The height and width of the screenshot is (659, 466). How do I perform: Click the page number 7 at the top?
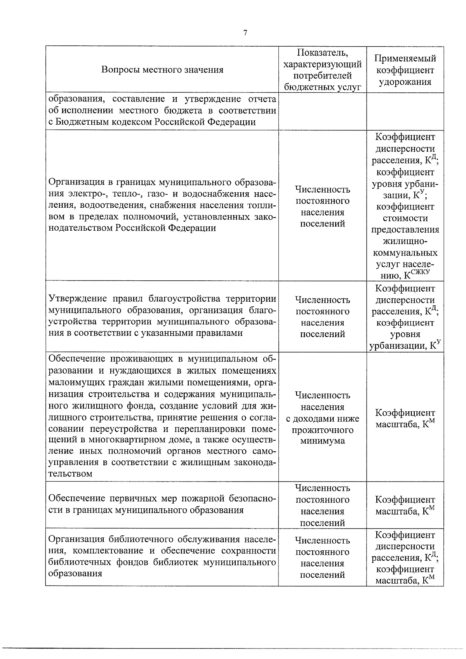pyautogui.click(x=245, y=33)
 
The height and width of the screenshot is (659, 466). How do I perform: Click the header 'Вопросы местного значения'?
pyautogui.click(x=162, y=70)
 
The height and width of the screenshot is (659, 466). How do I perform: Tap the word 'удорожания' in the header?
pyautogui.click(x=405, y=82)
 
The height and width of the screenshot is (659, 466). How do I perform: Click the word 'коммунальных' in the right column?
pyautogui.click(x=405, y=253)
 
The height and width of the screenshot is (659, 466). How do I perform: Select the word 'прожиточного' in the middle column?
pyautogui.click(x=322, y=430)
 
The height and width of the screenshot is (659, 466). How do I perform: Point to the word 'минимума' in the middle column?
pyautogui.click(x=322, y=441)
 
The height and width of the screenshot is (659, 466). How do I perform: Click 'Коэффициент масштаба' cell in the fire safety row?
pyautogui.click(x=405, y=505)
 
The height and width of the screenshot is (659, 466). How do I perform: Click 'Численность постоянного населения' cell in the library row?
pyautogui.click(x=322, y=557)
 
